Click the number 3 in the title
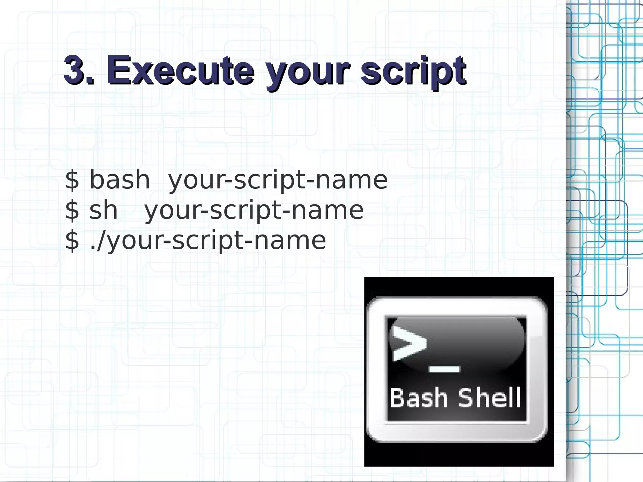click(76, 69)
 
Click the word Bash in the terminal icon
click(418, 398)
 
